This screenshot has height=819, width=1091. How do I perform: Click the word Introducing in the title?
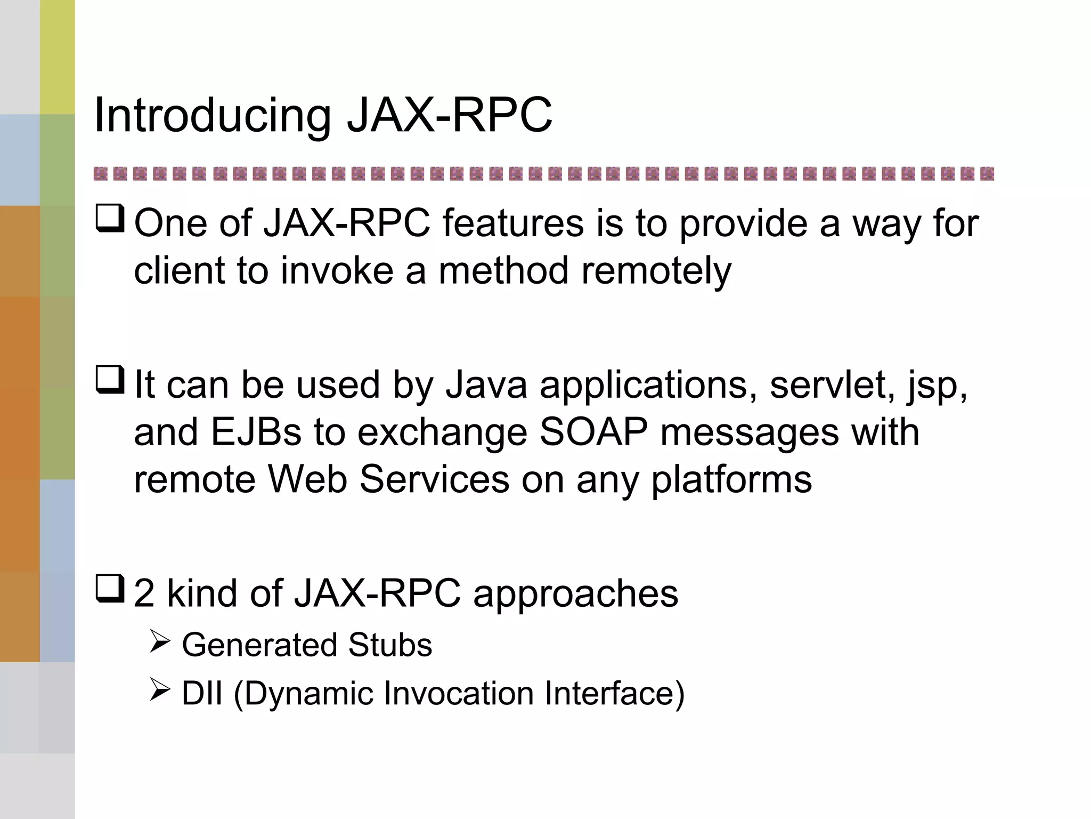212,116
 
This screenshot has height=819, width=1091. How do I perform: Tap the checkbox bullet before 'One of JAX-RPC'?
110,219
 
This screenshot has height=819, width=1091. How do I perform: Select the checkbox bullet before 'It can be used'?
110,380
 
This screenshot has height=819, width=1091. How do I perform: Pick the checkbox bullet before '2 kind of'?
110,589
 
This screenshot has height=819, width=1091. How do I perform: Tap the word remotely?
656,271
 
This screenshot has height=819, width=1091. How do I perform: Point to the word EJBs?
256,432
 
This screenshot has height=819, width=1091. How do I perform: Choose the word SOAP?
593,432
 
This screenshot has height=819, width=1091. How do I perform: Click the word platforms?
731,480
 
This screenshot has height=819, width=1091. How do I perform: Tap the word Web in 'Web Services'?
307,479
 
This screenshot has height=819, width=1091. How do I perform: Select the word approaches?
575,593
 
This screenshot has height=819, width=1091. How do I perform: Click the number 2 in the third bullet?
144,593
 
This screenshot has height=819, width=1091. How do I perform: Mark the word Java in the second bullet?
486,384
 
